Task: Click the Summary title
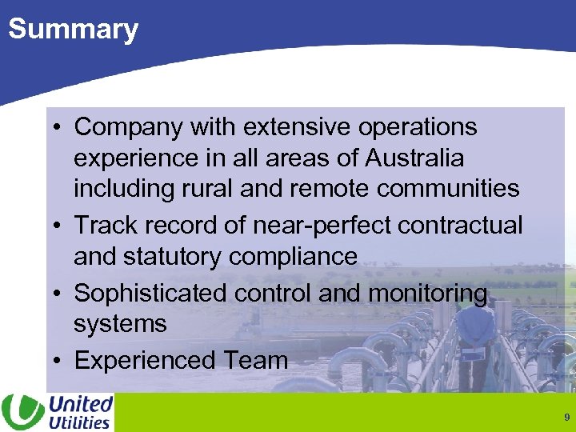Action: [73, 30]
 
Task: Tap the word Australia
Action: [414, 158]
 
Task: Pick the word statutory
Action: [171, 257]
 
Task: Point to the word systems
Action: [120, 324]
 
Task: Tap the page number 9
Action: [566, 417]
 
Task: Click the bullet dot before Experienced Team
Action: [60, 361]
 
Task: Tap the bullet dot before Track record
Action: [60, 226]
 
